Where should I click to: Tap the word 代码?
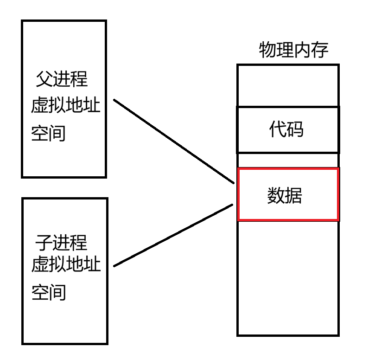pos(286,129)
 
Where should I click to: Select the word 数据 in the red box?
pos(285,196)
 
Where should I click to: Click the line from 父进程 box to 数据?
pos(174,141)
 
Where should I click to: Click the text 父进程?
pos(62,79)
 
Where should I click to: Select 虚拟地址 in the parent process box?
pos(65,106)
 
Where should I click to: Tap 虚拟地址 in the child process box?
pos(65,265)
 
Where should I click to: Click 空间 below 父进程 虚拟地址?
pos(48,134)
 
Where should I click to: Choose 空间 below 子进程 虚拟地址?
pos(48,293)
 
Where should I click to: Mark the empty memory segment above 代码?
pos(288,86)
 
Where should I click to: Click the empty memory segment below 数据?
pos(288,277)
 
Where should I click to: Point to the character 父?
pos(44,79)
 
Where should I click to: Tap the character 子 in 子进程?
pos(44,243)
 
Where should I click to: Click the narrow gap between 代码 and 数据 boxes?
pos(288,161)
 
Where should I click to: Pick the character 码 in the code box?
pos(295,129)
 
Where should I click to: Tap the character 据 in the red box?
pos(293,196)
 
